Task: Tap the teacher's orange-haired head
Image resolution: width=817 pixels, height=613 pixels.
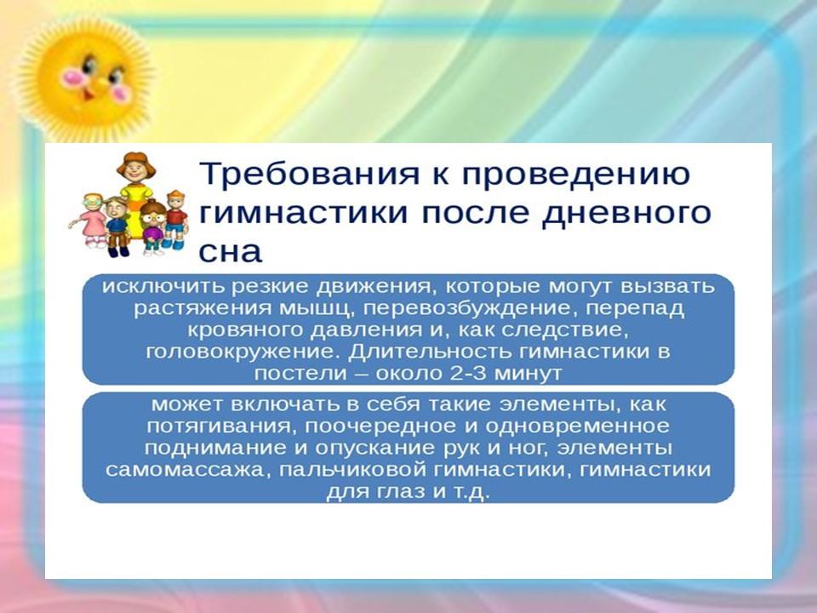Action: click(136, 167)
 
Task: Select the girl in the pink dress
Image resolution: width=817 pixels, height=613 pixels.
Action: click(94, 220)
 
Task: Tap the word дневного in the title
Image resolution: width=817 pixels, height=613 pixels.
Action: click(626, 215)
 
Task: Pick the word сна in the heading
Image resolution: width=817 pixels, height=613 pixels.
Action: click(230, 252)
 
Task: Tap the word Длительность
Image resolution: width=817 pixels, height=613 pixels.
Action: click(431, 352)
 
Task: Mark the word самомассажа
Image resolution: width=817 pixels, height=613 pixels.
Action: click(188, 470)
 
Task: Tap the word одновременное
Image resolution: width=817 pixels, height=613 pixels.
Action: click(577, 427)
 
